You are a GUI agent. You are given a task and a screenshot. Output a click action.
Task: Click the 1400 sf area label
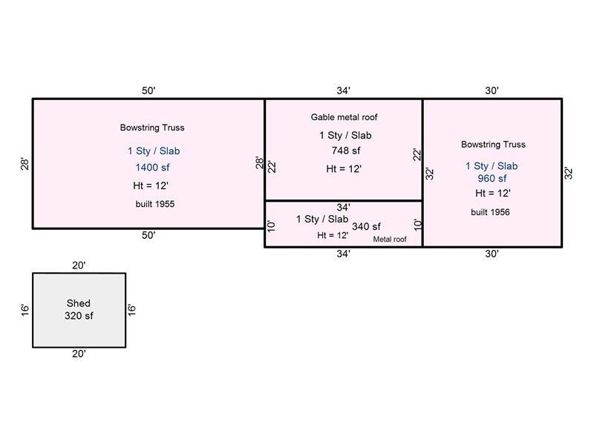(x=152, y=168)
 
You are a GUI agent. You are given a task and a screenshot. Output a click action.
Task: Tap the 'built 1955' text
(x=155, y=203)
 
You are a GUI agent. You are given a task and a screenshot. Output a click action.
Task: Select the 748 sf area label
(x=345, y=151)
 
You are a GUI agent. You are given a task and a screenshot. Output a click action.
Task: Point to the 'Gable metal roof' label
(x=345, y=117)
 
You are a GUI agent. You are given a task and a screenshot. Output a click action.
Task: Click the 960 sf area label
(x=492, y=178)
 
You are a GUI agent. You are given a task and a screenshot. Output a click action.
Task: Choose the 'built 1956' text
(x=490, y=212)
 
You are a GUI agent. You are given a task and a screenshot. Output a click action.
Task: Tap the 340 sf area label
(x=366, y=226)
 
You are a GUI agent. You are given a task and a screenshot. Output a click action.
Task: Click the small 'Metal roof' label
(x=390, y=240)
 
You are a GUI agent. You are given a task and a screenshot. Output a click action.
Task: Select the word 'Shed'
(x=79, y=303)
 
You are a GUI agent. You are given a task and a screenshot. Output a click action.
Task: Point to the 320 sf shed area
(x=79, y=315)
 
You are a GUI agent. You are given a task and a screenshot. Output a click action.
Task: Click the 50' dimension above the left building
(x=148, y=90)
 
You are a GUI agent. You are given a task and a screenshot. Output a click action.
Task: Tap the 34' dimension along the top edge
(x=343, y=90)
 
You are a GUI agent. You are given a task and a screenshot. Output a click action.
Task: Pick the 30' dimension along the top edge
(x=492, y=90)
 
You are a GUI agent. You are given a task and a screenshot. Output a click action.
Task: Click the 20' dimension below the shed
(x=79, y=354)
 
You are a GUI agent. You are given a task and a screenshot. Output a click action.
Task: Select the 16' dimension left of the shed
(x=25, y=309)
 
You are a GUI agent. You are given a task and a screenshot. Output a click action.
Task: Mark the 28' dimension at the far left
(x=25, y=163)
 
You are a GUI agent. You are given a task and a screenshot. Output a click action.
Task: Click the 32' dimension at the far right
(x=569, y=173)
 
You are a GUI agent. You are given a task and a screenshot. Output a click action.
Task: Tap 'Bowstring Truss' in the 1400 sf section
(x=152, y=128)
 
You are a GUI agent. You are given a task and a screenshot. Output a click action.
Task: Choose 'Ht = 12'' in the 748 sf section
(x=344, y=168)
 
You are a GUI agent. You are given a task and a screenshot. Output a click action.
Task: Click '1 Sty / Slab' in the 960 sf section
(x=492, y=165)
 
